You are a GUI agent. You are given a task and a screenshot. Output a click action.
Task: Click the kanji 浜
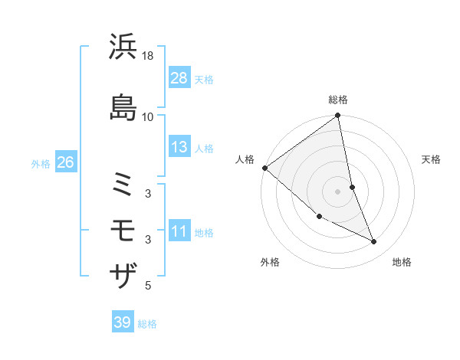[x=123, y=47]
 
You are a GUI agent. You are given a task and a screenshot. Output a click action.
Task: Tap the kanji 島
[x=123, y=106]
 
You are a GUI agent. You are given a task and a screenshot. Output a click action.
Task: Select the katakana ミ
[x=123, y=185]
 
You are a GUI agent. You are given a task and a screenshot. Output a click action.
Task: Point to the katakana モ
[x=123, y=231]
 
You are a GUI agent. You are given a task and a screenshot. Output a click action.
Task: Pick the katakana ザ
[x=123, y=275]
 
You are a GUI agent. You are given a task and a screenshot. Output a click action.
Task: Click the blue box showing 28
[x=179, y=78]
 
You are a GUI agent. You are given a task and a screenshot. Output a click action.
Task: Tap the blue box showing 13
[x=179, y=147]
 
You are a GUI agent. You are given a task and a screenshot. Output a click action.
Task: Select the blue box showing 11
[x=179, y=232]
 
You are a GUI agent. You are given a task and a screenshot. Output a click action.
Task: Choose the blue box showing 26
[x=65, y=162]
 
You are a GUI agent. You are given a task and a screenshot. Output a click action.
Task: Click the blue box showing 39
[x=123, y=322]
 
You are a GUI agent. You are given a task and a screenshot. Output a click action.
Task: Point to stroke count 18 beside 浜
[x=148, y=56]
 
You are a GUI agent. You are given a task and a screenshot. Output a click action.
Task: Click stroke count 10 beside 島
[x=148, y=116]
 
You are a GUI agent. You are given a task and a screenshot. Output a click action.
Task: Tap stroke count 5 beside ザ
[x=148, y=286]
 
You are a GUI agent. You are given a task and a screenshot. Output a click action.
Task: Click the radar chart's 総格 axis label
[x=338, y=100]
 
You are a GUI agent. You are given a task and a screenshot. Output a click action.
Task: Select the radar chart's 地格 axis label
[x=402, y=262]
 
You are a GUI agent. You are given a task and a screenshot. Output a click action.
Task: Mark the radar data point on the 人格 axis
[x=264, y=168]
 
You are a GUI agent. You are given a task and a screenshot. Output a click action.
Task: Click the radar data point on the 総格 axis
[x=338, y=116]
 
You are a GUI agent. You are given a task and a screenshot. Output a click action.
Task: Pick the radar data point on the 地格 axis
[x=374, y=242]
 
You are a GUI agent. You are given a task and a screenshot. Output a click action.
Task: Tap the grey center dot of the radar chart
[x=338, y=191]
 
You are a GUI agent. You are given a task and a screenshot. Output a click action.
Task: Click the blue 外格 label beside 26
[x=41, y=163]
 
